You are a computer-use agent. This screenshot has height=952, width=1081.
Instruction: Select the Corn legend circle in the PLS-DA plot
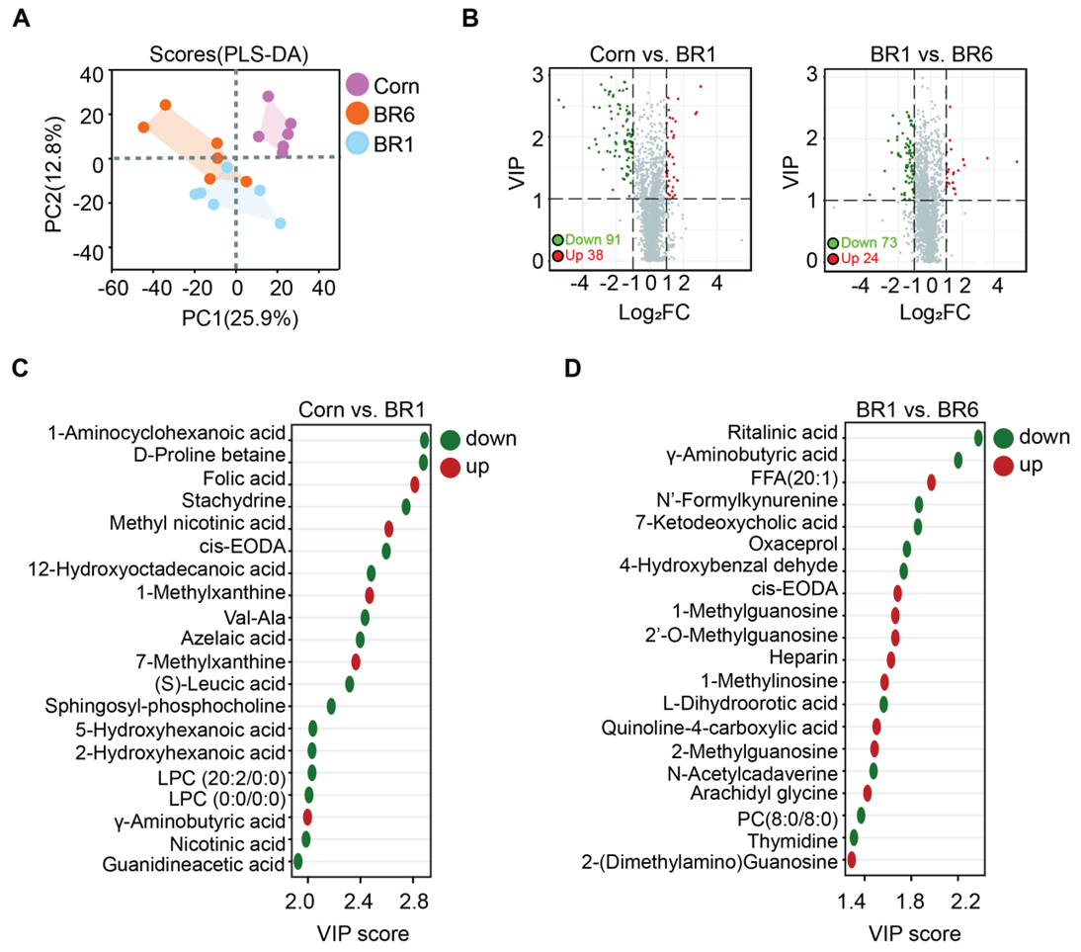click(x=358, y=85)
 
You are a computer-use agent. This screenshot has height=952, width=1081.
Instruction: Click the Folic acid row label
click(x=250, y=478)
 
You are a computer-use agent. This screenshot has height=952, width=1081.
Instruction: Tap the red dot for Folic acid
click(x=415, y=483)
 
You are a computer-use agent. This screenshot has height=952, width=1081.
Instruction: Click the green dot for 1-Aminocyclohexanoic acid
click(x=425, y=440)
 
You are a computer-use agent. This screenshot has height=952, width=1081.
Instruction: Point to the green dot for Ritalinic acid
click(x=978, y=438)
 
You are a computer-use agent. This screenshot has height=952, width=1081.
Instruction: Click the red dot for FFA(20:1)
click(x=931, y=482)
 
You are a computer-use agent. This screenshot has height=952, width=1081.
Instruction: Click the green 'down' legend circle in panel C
click(x=451, y=441)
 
